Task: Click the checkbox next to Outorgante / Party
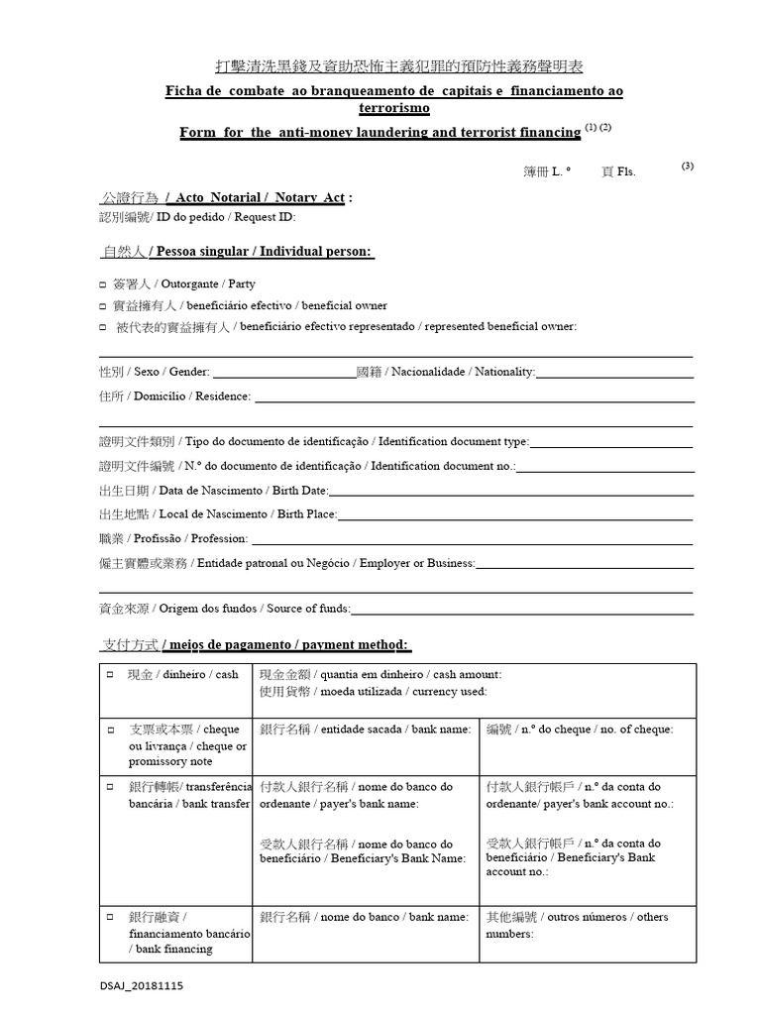[x=104, y=284]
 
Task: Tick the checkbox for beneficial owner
[x=104, y=306]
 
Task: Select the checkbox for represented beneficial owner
[x=104, y=327]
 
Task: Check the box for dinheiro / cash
[x=110, y=674]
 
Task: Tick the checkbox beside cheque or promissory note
[x=110, y=730]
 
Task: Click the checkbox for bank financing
[x=110, y=918]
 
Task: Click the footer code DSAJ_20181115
[x=142, y=987]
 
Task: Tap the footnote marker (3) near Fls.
[x=688, y=167]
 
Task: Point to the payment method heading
[x=255, y=645]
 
